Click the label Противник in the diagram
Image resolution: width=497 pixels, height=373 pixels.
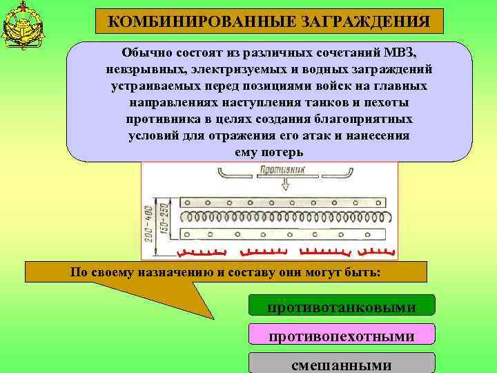[284, 169]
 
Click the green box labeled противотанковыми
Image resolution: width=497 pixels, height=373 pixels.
[342, 305]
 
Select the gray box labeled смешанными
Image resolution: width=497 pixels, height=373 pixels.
[342, 364]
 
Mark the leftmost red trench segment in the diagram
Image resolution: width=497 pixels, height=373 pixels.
[201, 251]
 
